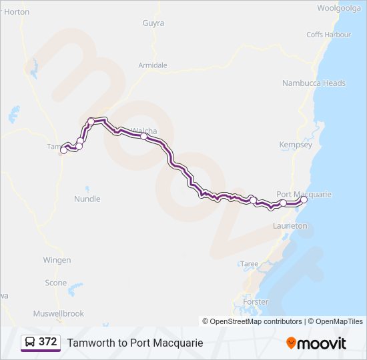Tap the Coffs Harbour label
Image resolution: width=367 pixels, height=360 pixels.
[328, 35]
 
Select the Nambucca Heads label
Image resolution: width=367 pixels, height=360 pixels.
[314, 83]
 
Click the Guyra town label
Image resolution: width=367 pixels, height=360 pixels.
[153, 23]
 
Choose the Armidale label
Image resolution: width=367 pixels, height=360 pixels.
[152, 65]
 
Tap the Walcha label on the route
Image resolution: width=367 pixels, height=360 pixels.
[143, 131]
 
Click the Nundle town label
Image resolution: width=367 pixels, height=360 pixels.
[87, 199]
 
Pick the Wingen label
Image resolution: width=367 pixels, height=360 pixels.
[57, 260]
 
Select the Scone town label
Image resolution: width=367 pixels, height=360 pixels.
[56, 283]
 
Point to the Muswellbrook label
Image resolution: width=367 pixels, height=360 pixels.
[59, 313]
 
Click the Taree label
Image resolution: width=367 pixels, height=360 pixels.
[250, 264]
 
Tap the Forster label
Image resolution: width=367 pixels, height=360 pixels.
[256, 302]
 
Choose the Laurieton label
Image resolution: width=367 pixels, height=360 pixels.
[290, 226]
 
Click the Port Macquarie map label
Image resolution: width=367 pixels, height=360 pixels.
[304, 194]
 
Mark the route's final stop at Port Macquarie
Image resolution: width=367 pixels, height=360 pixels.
[304, 200]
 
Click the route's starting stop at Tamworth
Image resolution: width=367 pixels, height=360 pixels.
[64, 151]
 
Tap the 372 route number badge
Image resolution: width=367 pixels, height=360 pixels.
[41, 342]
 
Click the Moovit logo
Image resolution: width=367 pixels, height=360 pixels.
[316, 343]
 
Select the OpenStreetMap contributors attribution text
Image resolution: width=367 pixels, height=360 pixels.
[252, 321]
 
